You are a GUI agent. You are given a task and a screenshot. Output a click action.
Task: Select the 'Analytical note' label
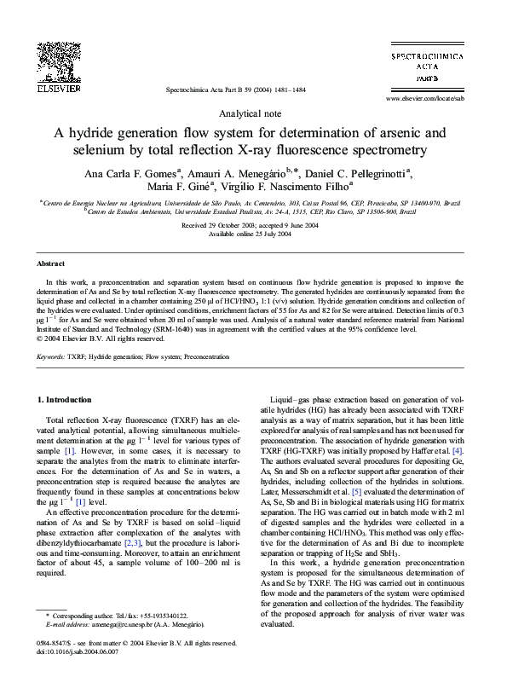(x=253, y=113)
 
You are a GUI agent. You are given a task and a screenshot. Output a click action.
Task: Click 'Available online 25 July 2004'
(x=253, y=234)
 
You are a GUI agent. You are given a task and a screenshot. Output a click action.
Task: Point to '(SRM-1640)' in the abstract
(x=157, y=329)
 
